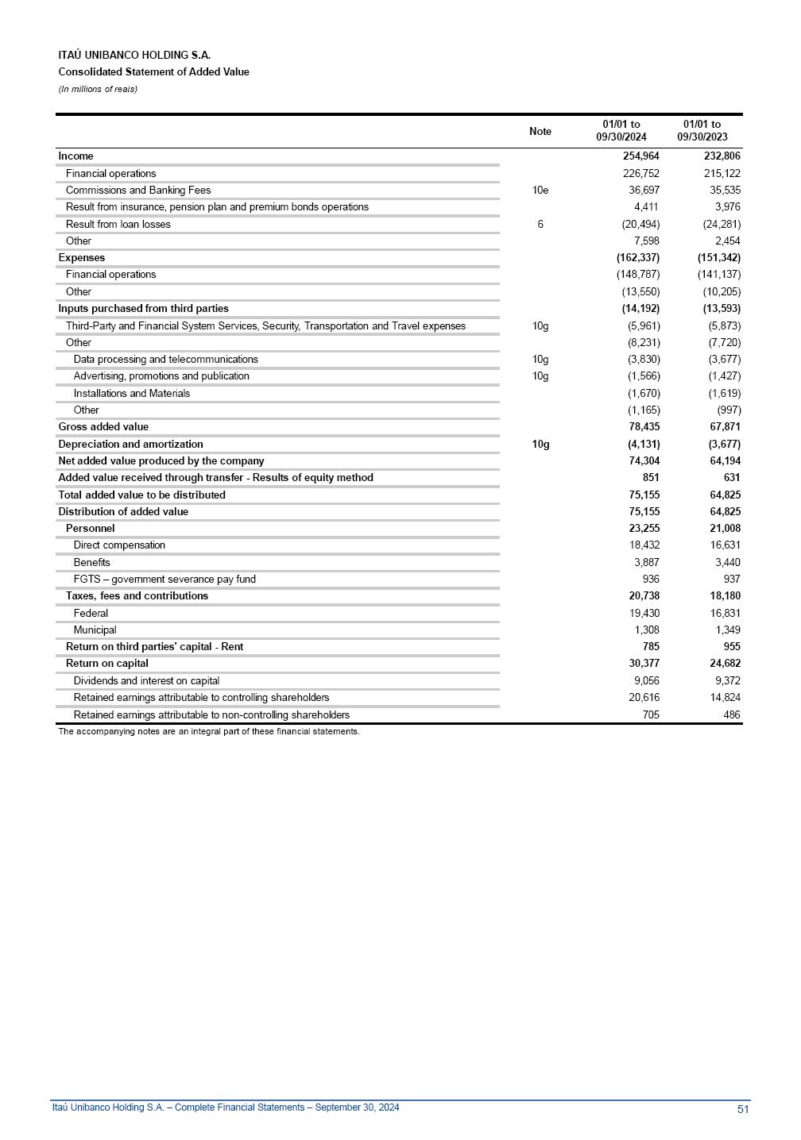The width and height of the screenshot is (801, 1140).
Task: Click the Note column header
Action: point(540,131)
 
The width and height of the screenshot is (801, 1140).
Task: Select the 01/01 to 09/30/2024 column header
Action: point(621,131)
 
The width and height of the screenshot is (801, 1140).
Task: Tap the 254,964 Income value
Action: point(640,156)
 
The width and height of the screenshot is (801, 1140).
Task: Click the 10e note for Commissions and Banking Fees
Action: point(540,191)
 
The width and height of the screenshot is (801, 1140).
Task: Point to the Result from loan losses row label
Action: point(118,225)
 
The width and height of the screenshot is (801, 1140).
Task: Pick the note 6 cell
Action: point(540,225)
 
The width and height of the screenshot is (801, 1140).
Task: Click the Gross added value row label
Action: point(103,427)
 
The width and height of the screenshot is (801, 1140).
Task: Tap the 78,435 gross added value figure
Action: point(644,427)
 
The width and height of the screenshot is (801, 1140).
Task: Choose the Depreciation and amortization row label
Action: point(130,445)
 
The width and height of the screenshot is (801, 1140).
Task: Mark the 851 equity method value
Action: point(650,478)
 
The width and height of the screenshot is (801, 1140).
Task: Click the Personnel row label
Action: point(90,529)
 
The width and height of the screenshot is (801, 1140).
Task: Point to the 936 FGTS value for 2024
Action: point(650,580)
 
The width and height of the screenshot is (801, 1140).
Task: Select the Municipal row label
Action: point(95,630)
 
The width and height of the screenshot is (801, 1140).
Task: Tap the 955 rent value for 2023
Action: point(731,647)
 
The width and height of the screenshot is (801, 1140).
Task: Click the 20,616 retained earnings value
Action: point(644,698)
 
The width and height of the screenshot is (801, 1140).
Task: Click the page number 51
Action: point(743,1109)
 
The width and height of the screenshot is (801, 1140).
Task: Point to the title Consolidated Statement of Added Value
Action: point(153,72)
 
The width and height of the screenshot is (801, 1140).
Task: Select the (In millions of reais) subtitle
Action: point(98,89)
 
